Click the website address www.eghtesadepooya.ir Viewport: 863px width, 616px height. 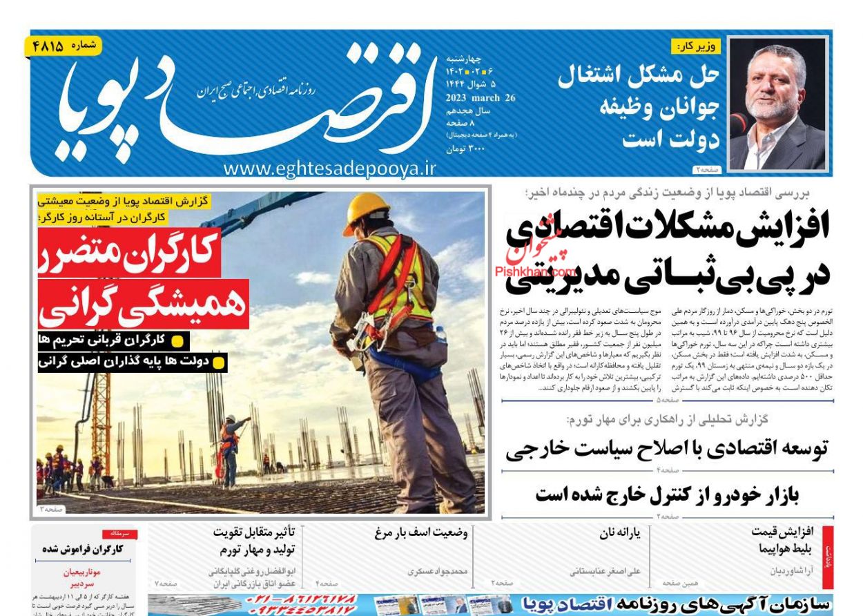330,168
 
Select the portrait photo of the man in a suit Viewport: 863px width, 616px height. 778,104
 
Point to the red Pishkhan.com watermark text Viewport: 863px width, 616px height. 536,271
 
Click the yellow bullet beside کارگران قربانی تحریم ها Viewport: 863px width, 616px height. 177,340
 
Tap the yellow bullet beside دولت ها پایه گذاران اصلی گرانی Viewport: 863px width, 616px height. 219,361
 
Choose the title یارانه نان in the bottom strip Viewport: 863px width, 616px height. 620,532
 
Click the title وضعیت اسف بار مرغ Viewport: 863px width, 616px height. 421,532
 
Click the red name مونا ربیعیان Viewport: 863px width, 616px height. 82,572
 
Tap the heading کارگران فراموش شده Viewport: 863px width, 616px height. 82,549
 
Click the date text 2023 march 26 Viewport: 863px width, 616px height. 481,98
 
